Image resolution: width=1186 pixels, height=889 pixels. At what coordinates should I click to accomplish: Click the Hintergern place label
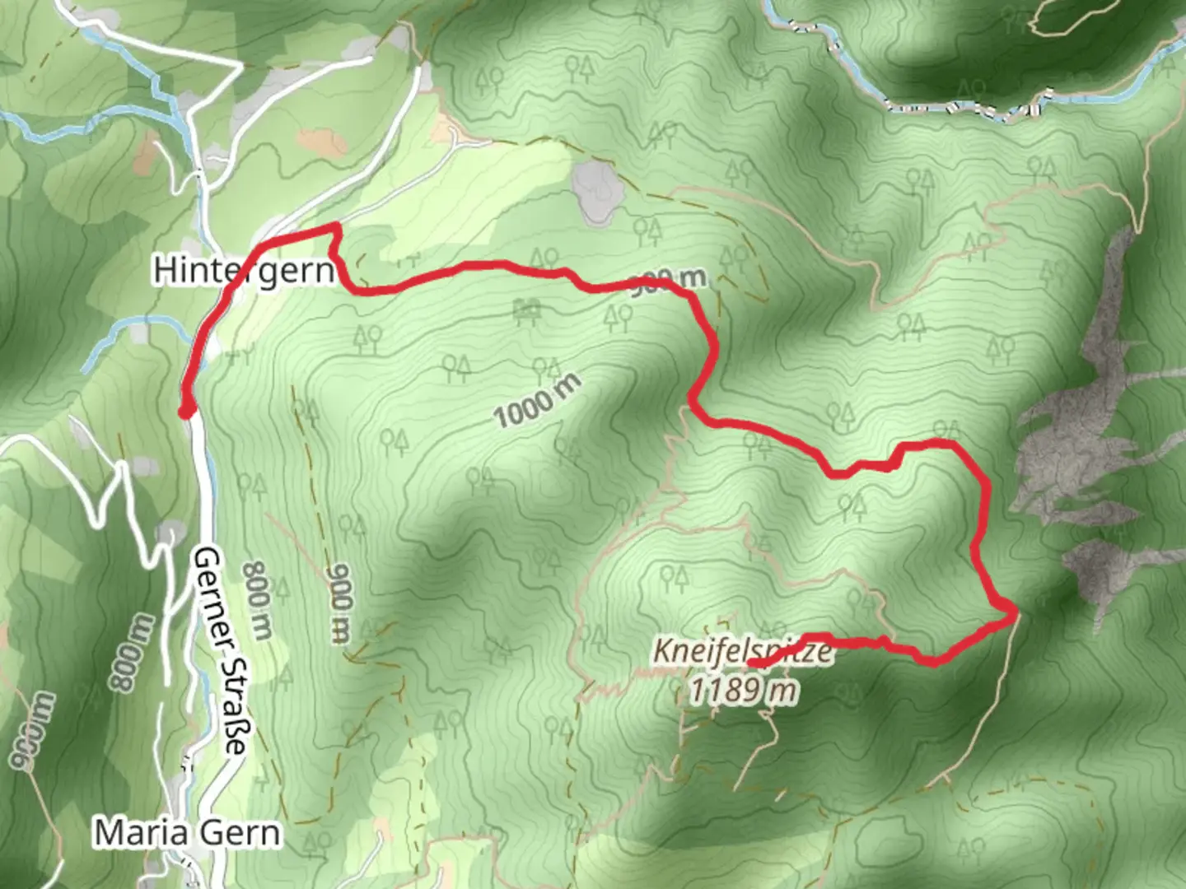244,270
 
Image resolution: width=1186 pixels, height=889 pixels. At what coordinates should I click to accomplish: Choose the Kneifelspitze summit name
741,651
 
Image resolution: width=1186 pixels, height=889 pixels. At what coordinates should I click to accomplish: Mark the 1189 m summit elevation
743,689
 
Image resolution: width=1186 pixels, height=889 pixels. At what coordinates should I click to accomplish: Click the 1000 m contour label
537,400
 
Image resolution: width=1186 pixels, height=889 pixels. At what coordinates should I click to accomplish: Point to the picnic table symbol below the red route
526,310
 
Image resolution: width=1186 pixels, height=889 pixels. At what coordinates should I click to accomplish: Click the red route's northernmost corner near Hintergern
334,226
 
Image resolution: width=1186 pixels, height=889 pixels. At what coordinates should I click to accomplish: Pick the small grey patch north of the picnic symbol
594,191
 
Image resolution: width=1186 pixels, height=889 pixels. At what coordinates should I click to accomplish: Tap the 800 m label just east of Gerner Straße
258,601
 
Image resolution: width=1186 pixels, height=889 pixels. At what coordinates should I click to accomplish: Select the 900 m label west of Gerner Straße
34,731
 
